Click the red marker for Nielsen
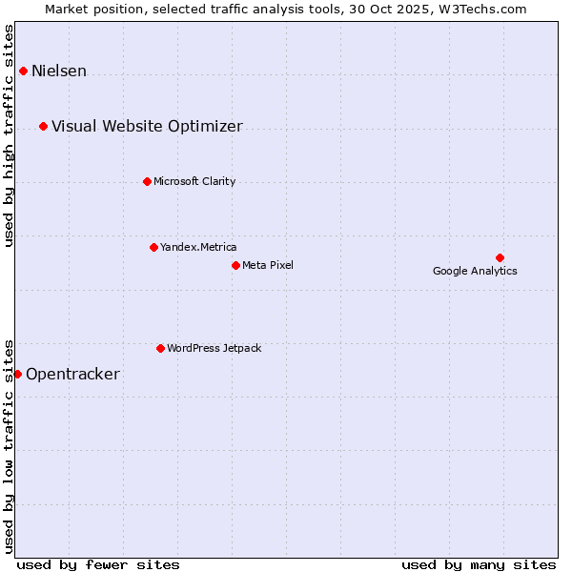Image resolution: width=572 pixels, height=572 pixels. pos(23,71)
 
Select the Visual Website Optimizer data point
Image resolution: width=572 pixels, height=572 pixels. pos(43,126)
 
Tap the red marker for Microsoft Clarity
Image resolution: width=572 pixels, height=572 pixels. pos(147,181)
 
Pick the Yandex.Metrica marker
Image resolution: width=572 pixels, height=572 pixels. pos(153,247)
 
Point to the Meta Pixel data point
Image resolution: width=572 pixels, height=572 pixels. pos(235,265)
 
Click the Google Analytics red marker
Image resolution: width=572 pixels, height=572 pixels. pos(500,257)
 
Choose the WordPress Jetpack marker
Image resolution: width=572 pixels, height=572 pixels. pos(160,348)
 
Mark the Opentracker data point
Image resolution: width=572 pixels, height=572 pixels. pos(17,374)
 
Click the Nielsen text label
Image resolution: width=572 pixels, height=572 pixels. pos(59,71)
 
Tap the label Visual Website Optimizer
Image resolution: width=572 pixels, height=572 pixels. pos(147,127)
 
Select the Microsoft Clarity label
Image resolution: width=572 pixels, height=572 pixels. pos(194,182)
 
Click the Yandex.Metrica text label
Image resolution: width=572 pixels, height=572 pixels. pos(198,248)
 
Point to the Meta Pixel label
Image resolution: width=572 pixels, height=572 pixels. pos(268,266)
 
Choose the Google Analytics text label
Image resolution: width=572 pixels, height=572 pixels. pos(475,272)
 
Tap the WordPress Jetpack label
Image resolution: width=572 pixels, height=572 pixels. pos(214,349)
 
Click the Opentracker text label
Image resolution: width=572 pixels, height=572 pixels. pos(72,375)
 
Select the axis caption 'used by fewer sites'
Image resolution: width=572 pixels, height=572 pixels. pos(98,564)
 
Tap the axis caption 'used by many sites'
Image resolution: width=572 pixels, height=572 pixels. pos(479,564)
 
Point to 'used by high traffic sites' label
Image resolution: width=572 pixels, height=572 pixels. pos(10,135)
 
